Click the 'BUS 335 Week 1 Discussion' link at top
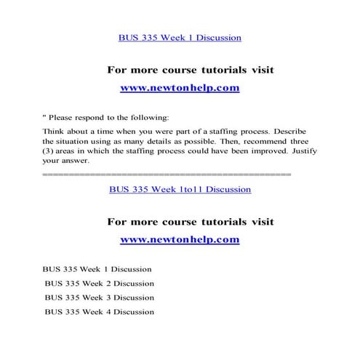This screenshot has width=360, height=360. coord(180,37)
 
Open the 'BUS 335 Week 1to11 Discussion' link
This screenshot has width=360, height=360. coord(180,189)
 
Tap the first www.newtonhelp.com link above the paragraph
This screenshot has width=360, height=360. coord(179,88)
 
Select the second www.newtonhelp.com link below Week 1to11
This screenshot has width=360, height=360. coord(179,239)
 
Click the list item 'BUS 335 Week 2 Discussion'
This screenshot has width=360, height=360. coord(99,283)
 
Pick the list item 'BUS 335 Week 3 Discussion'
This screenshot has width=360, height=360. coord(99,297)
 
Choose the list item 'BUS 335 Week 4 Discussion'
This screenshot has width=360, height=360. coord(99,312)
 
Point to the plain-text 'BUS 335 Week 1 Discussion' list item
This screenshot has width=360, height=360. coord(97,269)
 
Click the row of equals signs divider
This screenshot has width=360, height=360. coord(167,175)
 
